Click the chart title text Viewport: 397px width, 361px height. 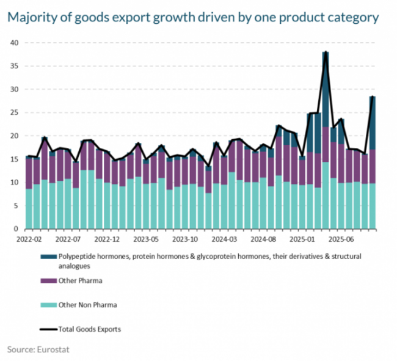click(193, 17)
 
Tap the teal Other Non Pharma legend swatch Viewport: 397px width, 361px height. click(47, 304)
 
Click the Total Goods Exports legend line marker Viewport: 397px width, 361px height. click(47, 329)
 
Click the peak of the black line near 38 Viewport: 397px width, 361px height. click(326, 53)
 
